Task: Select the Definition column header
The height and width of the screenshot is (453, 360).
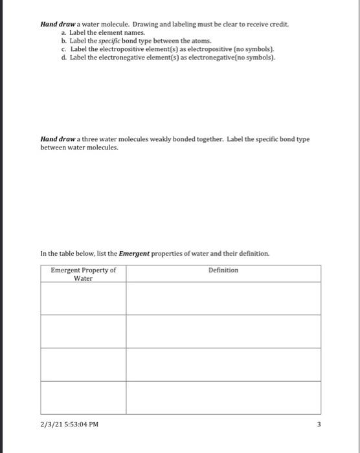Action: [x=223, y=271]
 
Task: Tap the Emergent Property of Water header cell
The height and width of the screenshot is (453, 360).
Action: [x=84, y=274]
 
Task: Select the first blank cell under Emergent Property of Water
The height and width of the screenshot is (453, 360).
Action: [x=84, y=298]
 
